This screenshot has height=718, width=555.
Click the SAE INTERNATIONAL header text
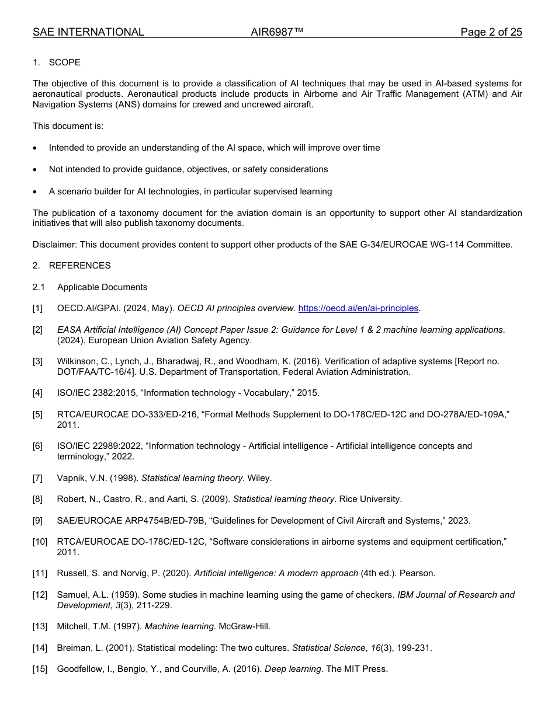coord(88,32)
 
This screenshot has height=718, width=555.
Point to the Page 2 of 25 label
coord(491,32)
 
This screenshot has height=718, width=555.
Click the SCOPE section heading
coord(64,62)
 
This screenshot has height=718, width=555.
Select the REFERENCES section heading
coord(79,266)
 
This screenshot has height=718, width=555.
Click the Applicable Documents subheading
coord(102,287)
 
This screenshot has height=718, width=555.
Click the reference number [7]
coord(38,478)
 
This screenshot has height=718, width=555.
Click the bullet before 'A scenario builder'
coord(36,192)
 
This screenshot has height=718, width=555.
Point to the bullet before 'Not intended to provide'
coord(36,170)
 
